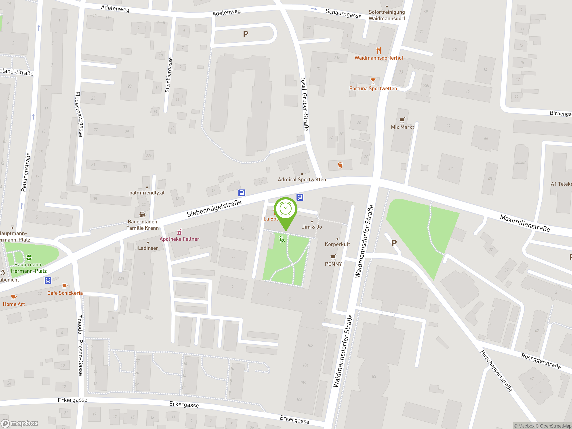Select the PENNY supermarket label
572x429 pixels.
pos(333,264)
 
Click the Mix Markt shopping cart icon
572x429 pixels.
pos(402,120)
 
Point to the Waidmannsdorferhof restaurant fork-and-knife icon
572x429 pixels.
pos(379,50)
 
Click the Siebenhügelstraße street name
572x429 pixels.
pos(214,208)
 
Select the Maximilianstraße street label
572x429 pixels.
pos(525,223)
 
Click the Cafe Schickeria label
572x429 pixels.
pos(65,293)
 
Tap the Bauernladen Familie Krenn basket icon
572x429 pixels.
pos(142,215)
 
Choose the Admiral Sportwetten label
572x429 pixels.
pos(302,179)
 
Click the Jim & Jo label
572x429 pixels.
pos(312,227)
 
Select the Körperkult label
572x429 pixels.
pos(337,244)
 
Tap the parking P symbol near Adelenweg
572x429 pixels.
pos(246,34)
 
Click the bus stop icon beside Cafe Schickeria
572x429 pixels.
pos(48,280)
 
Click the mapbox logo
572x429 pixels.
pos(20,423)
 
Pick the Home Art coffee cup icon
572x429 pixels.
pos(13,297)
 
